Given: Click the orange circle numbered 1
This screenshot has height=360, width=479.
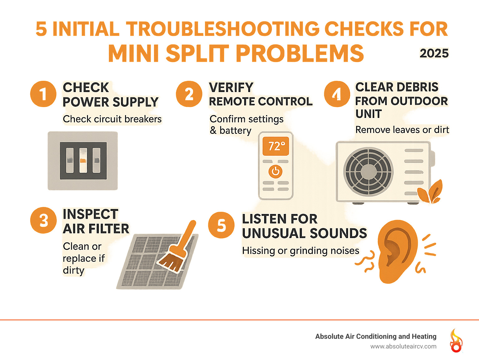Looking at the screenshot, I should coord(43,94).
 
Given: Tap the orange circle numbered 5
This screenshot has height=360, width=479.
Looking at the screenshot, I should coord(221,225).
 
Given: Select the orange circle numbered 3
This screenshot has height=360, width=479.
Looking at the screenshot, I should coord(43,221).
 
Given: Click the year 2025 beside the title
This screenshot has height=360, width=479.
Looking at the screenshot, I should coord(434,53).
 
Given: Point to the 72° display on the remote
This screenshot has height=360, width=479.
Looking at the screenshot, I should coord(276,146).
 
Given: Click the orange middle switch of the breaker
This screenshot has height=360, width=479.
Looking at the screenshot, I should coord(83,160).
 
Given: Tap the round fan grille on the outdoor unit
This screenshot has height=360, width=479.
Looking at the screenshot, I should coord(368,171).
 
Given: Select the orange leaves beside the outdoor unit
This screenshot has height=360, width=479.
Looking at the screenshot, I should coord(431,192).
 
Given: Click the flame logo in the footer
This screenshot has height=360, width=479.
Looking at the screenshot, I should coord(456,341).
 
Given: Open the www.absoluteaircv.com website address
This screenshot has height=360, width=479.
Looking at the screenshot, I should coord(403,346).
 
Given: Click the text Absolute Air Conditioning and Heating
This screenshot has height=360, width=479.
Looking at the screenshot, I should coord(375,336).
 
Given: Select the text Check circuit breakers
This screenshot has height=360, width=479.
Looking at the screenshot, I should coord(112,119).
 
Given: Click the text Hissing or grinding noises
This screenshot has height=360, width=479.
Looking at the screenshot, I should coord(301,251).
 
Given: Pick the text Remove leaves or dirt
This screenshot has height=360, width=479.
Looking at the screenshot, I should coord(402,130).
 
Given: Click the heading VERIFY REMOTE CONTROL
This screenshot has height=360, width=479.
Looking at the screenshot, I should coord(260,95).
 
